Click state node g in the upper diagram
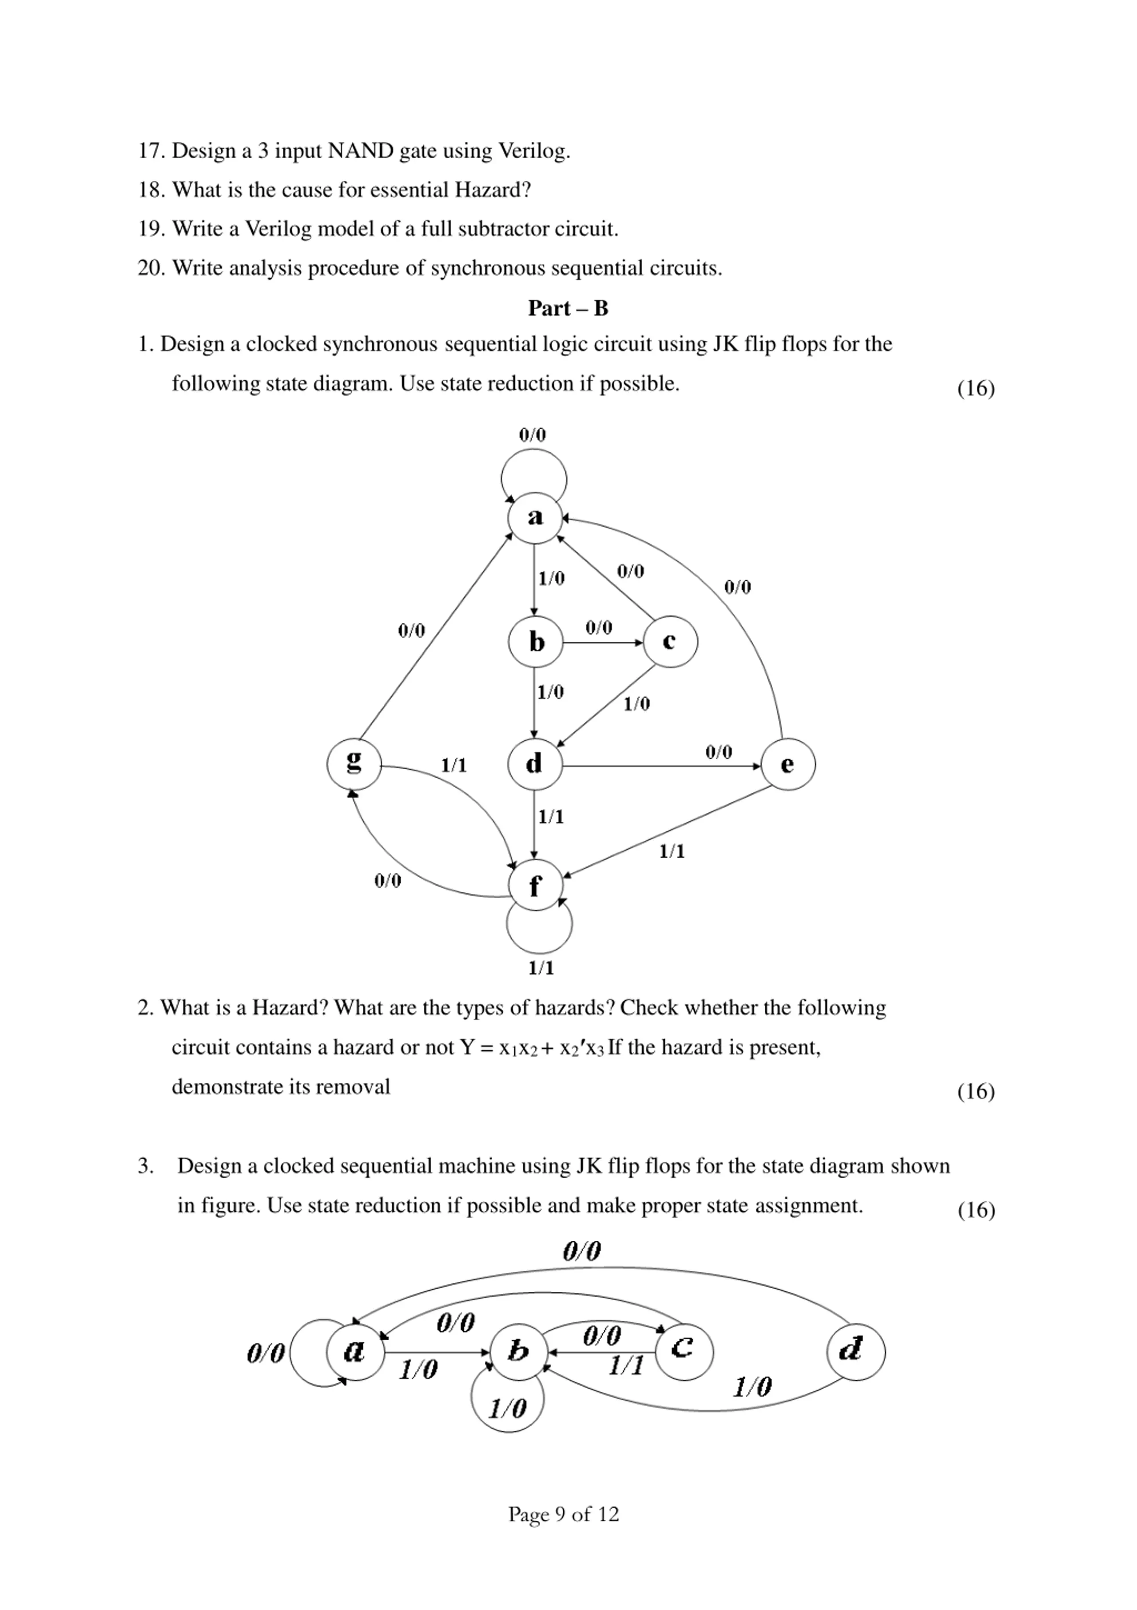click(x=354, y=763)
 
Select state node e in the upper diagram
click(x=788, y=764)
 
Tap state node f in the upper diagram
click(x=536, y=885)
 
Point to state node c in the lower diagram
click(x=684, y=1350)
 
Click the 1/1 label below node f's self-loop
click(x=541, y=968)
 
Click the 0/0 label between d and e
click(x=719, y=752)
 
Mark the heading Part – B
click(x=568, y=308)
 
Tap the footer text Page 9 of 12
click(x=564, y=1514)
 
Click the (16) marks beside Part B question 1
click(x=976, y=388)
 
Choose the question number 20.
click(x=150, y=268)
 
